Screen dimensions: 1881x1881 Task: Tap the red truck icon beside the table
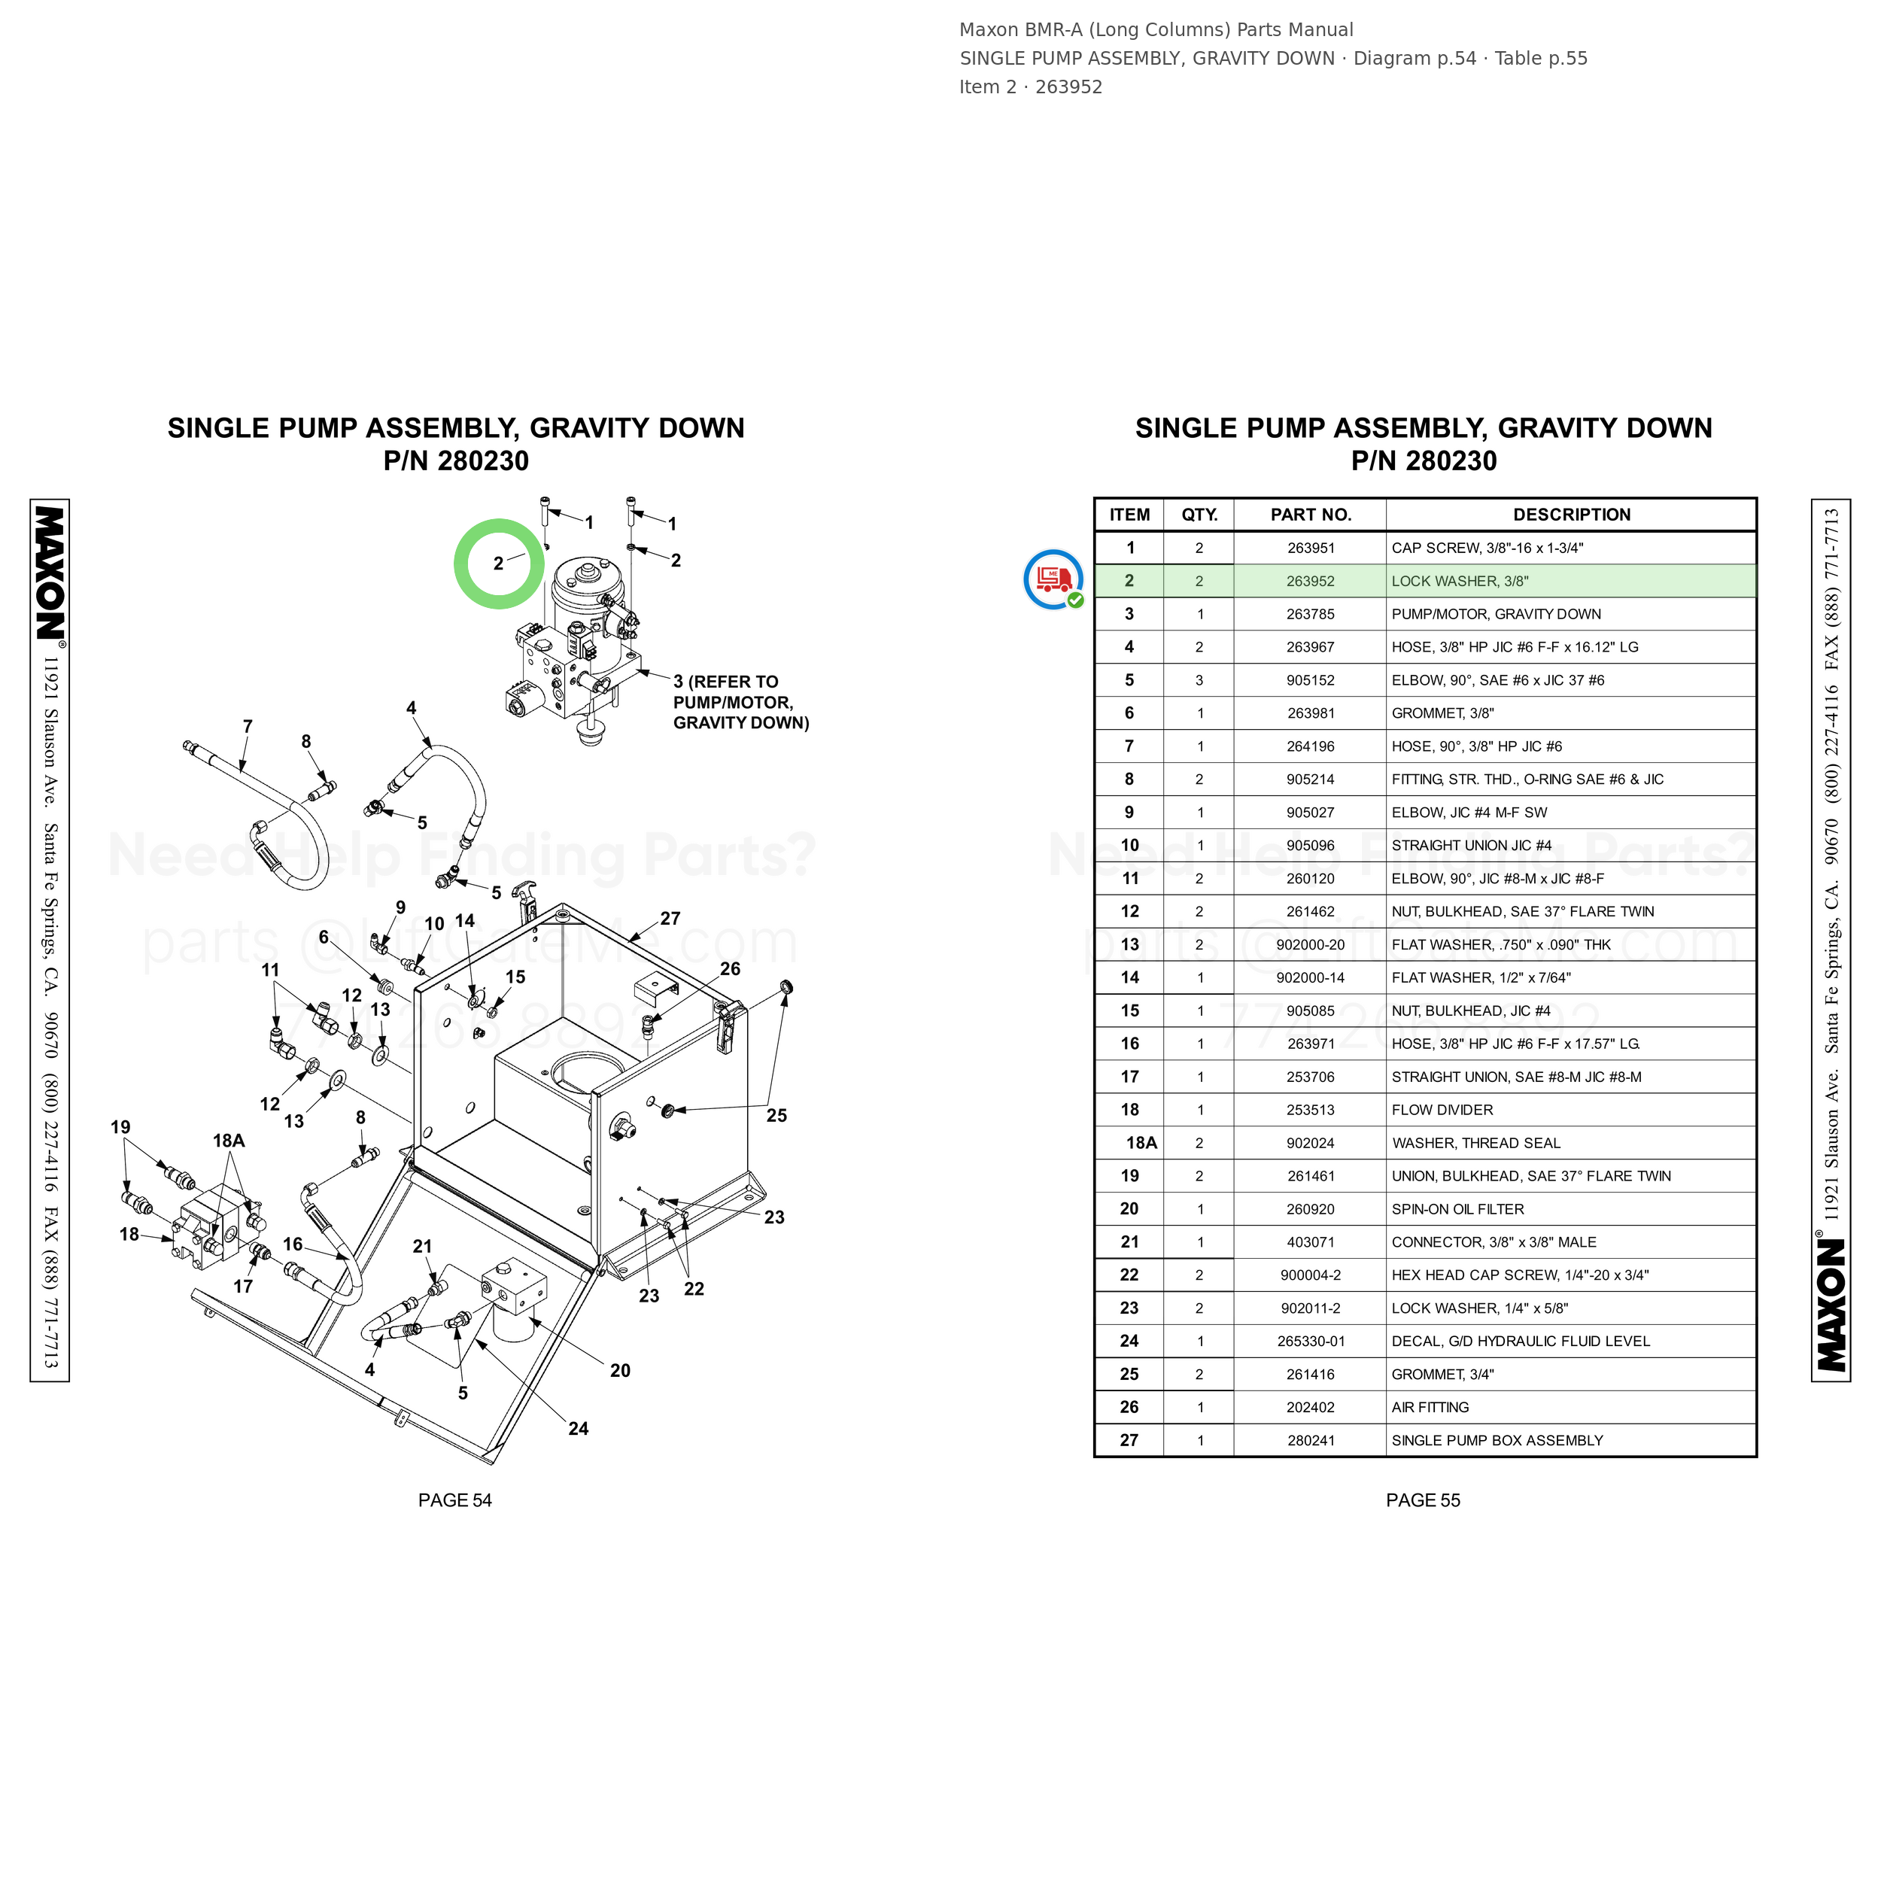pos(1053,579)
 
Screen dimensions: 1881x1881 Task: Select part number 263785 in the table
pos(1311,615)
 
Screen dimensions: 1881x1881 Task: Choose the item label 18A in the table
pos(1141,1143)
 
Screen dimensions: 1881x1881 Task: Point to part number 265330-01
pos(1311,1342)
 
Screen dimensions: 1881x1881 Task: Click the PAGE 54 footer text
pos(454,1500)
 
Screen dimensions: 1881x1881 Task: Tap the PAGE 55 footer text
pos(1423,1500)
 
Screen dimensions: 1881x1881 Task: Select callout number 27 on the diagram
pos(670,918)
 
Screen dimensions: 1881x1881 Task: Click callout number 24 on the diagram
pos(579,1428)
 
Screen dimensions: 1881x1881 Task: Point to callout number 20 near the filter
pos(620,1370)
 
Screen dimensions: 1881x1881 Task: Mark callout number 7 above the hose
pos(248,726)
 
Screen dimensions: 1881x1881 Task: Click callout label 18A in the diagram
pos(229,1140)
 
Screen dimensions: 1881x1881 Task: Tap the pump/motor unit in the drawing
pos(577,643)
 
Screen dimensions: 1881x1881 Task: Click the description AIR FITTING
pos(1430,1408)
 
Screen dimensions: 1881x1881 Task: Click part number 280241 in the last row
pos(1311,1441)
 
